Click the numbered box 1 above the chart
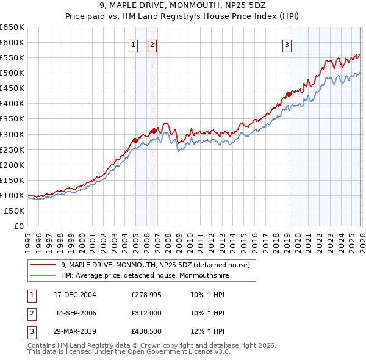133,44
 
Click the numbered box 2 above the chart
152,44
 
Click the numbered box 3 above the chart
287,44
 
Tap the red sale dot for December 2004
135,140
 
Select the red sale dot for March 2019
288,94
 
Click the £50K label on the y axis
15,211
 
